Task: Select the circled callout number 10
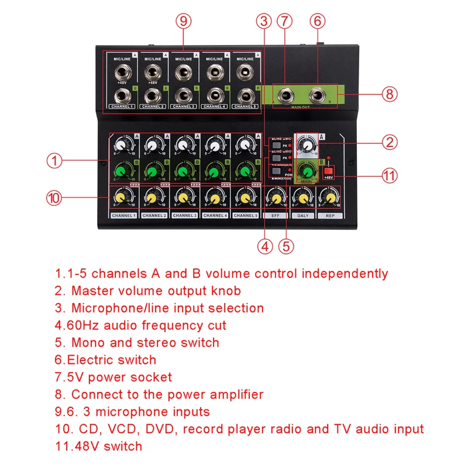pos(54,198)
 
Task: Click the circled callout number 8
pos(390,94)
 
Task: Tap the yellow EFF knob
pos(273,199)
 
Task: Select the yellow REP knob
pos(329,199)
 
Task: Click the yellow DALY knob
pos(302,199)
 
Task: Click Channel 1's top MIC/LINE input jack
pos(123,73)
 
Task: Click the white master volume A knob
pos(304,144)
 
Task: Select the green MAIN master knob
pos(304,171)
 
